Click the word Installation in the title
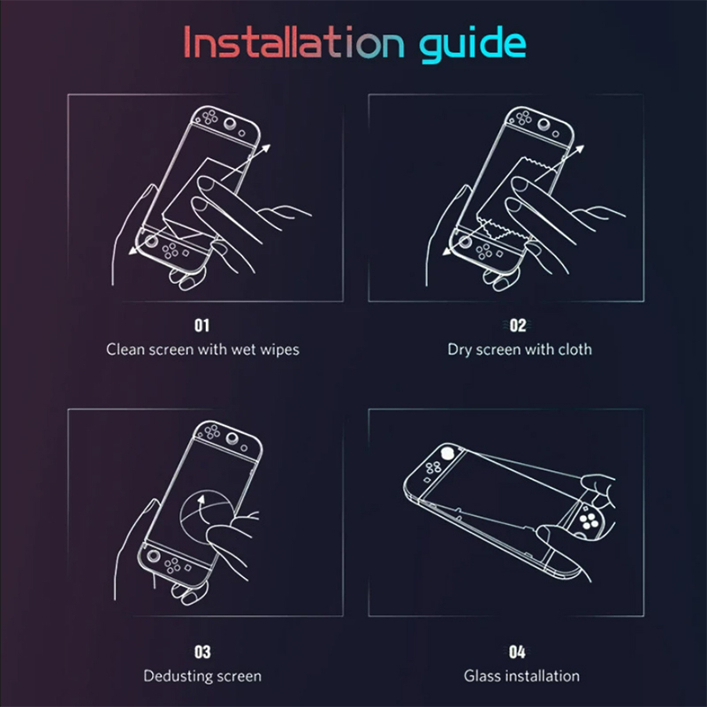(294, 42)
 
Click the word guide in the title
(473, 44)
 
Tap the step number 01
(201, 325)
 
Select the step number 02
(518, 325)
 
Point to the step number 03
(202, 651)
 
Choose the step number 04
(517, 651)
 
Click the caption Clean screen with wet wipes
(203, 349)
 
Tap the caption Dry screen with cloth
(520, 349)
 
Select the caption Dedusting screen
(202, 676)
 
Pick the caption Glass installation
(521, 676)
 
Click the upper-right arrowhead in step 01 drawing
(266, 148)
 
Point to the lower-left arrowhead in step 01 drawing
(133, 250)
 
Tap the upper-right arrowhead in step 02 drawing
(580, 149)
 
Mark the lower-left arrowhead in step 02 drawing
(447, 250)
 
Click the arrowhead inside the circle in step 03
(201, 499)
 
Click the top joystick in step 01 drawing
(230, 122)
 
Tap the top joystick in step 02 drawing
(544, 123)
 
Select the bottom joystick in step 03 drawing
(154, 556)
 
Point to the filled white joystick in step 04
(447, 452)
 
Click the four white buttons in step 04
(589, 521)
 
